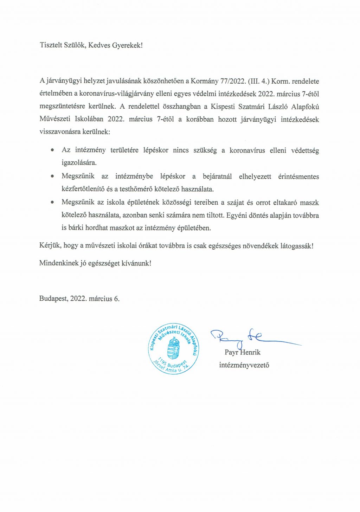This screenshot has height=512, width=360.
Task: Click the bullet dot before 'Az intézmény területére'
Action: pyautogui.click(x=52, y=150)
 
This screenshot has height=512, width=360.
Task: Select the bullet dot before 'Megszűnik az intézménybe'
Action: pyautogui.click(x=52, y=176)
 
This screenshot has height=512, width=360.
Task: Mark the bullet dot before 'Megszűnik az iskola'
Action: pyautogui.click(x=52, y=202)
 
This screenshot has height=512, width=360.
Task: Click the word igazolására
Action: pyautogui.click(x=79, y=163)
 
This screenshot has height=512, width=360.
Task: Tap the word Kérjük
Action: pyautogui.click(x=50, y=245)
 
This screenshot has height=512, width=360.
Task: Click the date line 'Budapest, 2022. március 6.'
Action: pyautogui.click(x=79, y=299)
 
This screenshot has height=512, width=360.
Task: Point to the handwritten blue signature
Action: pyautogui.click(x=246, y=337)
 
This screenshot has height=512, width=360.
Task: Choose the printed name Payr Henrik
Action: pyautogui.click(x=243, y=352)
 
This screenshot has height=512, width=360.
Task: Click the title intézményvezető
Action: pyautogui.click(x=244, y=365)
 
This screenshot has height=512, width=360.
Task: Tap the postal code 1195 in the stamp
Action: pyautogui.click(x=162, y=361)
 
